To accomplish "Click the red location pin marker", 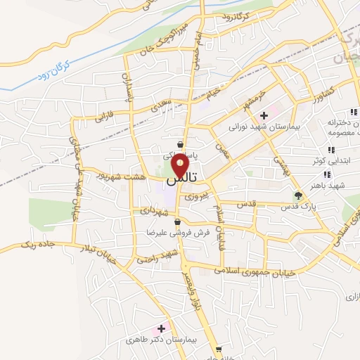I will pyautogui.click(x=181, y=166).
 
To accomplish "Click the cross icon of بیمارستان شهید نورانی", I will pyautogui.click(x=264, y=115).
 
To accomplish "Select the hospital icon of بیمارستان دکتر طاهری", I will pyautogui.click(x=161, y=328).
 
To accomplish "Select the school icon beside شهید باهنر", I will pyautogui.click(x=327, y=174).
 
